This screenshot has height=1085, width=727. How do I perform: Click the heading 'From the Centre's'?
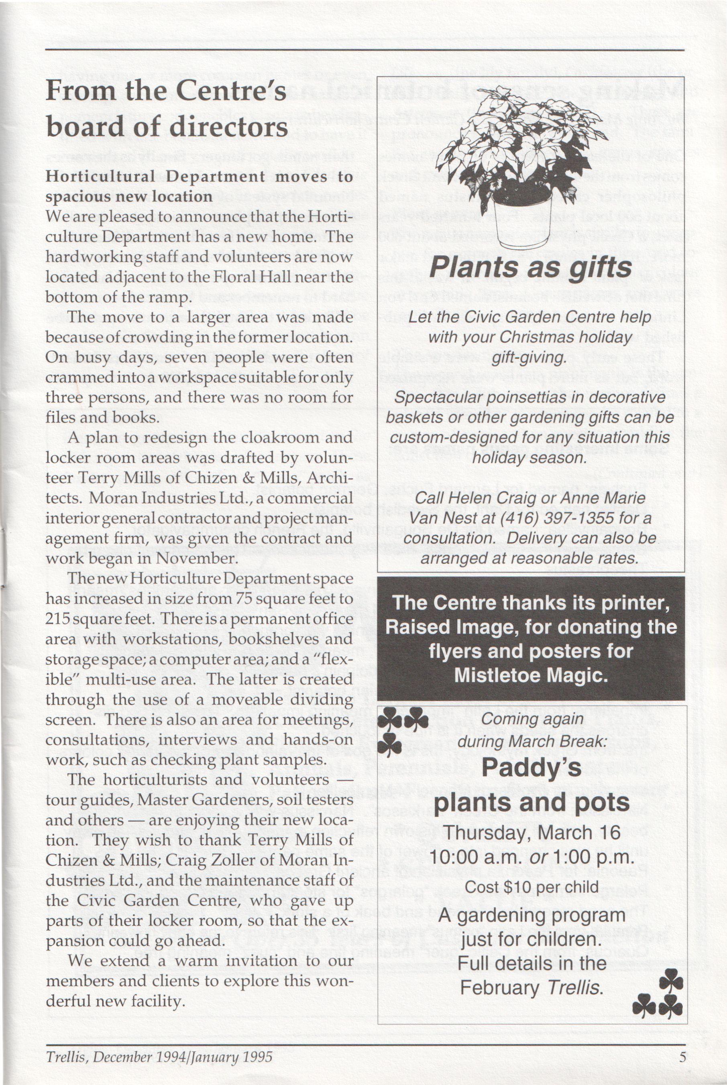coord(166,91)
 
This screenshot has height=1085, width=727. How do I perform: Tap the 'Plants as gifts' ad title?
coord(530,268)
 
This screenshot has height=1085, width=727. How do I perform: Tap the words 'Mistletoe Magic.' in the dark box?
coord(530,675)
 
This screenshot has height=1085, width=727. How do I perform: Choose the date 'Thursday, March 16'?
coord(532,832)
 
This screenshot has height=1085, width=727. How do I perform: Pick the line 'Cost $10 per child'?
coord(532,887)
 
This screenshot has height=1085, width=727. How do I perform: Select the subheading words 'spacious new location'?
coord(129,197)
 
